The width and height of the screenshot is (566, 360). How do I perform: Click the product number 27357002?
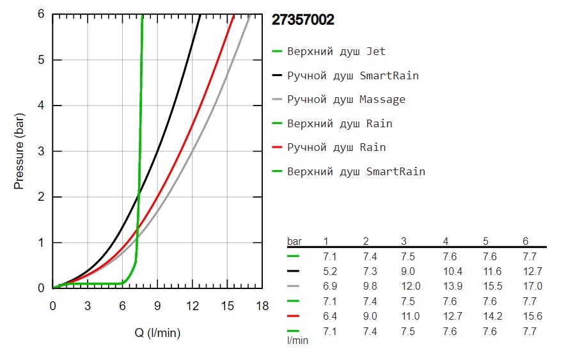coord(303,20)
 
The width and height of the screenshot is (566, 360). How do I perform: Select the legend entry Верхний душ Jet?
coord(336,51)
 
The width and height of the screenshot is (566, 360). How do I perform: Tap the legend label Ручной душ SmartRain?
coord(353,75)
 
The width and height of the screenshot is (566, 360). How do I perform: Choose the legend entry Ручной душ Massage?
coord(346,99)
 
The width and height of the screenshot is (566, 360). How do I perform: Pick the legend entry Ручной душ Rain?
coord(336,147)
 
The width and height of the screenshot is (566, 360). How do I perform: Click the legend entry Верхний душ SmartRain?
coord(356,171)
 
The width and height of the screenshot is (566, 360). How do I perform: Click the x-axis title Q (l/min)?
coord(157,332)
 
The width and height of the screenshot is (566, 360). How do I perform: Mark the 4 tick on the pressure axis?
coord(40,106)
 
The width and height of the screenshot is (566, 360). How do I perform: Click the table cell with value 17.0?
coord(532,286)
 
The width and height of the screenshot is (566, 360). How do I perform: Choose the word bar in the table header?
coord(295,241)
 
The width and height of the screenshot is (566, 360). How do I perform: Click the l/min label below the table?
coord(297,341)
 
